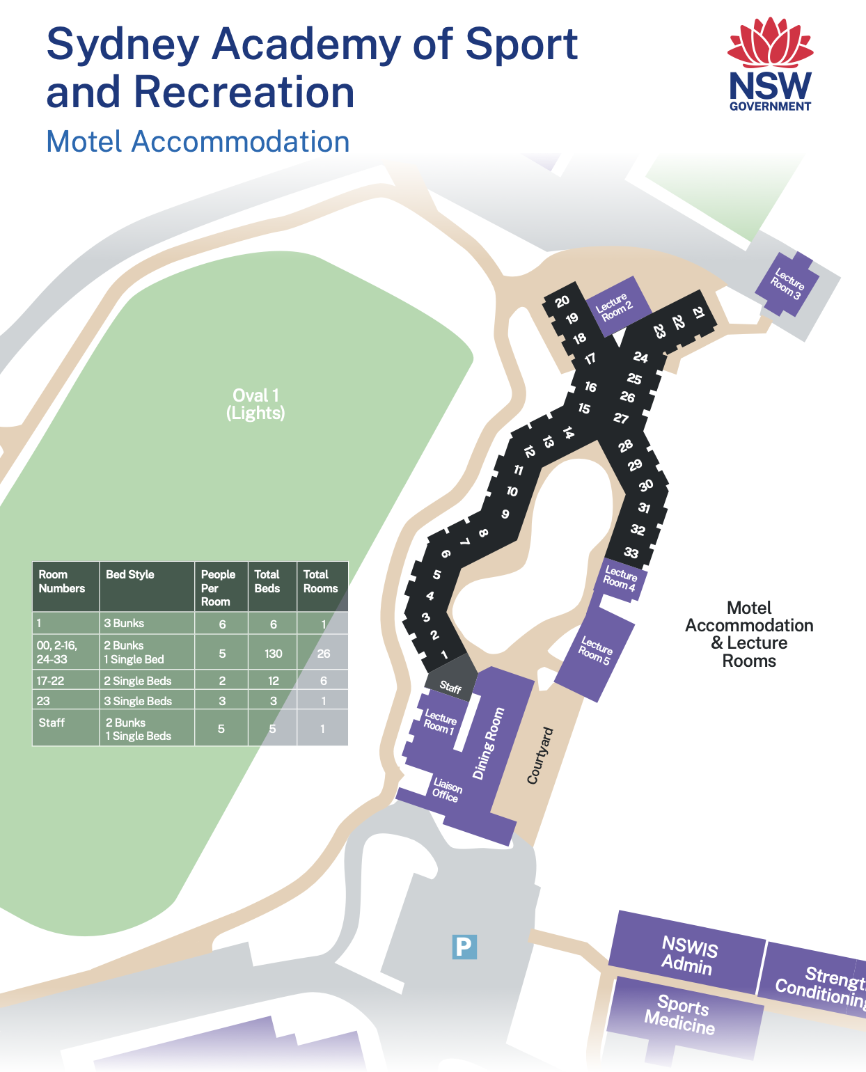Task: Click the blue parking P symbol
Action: (464, 947)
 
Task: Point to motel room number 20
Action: (562, 301)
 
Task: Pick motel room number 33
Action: (631, 553)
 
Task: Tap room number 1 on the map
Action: (444, 654)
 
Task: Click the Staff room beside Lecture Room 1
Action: (450, 687)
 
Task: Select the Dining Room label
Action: (488, 743)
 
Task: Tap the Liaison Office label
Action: (446, 791)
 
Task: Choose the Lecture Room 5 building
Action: (595, 651)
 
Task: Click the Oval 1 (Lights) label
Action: (255, 404)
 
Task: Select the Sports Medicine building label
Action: (681, 1014)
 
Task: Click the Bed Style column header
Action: (130, 575)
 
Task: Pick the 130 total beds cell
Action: (273, 654)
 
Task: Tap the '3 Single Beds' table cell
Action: (138, 701)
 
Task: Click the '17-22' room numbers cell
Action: (50, 681)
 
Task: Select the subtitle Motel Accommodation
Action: (198, 142)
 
